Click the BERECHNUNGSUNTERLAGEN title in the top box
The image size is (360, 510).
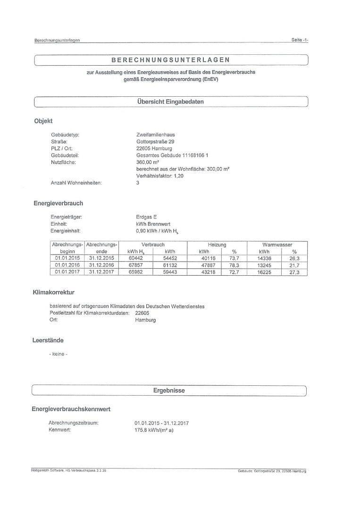coord(170,60)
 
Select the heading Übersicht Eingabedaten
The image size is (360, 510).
coord(170,102)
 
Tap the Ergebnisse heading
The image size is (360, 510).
coord(169,391)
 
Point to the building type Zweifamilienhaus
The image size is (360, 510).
coord(155,135)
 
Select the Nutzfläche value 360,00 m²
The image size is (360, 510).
coord(147,162)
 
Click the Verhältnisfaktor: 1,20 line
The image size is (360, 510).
coord(159,176)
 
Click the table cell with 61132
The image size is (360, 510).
coord(170,265)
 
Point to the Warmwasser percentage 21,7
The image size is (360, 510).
coord(294,265)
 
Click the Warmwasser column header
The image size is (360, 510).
coord(277,245)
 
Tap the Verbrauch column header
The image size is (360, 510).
coord(153,245)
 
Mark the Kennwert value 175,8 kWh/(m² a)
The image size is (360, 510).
coord(154,430)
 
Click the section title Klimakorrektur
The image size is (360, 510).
coord(53,293)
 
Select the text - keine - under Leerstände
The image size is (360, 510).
coord(58,354)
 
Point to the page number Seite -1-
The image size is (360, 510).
coord(300,40)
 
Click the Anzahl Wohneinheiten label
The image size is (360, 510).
coord(76,183)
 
